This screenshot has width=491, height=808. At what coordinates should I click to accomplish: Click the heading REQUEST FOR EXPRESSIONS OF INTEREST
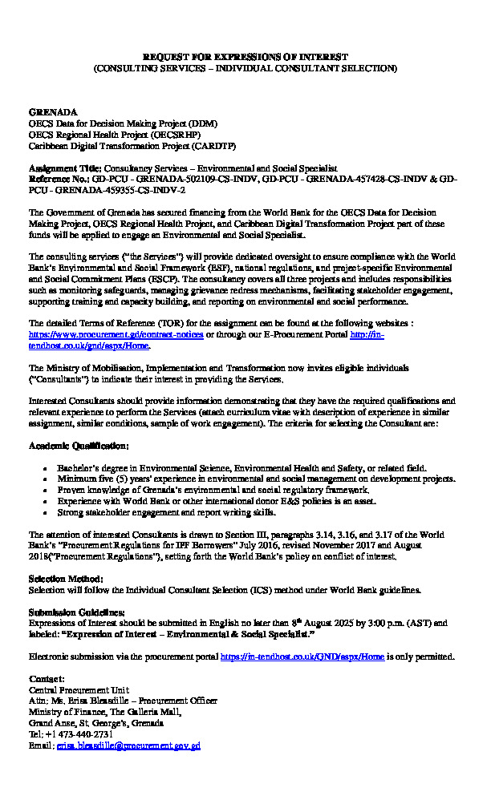coord(245,58)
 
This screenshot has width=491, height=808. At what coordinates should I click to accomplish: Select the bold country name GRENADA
coord(53,112)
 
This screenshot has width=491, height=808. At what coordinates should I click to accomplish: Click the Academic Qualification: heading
coord(78,444)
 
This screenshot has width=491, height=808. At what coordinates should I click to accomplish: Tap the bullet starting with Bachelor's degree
coord(241,467)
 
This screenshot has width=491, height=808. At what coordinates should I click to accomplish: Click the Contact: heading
coord(47,679)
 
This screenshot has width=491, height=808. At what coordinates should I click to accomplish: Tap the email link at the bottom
coord(128,745)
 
